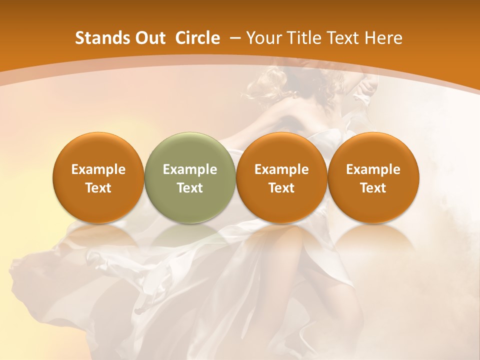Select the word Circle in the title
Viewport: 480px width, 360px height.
(x=197, y=38)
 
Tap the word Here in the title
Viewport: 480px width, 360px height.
(x=383, y=38)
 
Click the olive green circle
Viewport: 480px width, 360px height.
(x=190, y=177)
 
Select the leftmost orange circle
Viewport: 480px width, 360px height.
(x=98, y=177)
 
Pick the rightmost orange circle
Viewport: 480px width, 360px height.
(x=373, y=177)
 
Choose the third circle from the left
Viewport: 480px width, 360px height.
(x=281, y=177)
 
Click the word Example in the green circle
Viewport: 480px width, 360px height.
(x=190, y=169)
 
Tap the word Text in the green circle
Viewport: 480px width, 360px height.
(x=190, y=188)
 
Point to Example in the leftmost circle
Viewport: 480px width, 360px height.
(x=98, y=169)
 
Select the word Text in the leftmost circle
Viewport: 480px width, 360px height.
(x=98, y=188)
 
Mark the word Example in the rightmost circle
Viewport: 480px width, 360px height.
(x=373, y=169)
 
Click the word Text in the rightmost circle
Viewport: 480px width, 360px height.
(x=373, y=188)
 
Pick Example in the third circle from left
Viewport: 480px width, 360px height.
(x=281, y=169)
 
